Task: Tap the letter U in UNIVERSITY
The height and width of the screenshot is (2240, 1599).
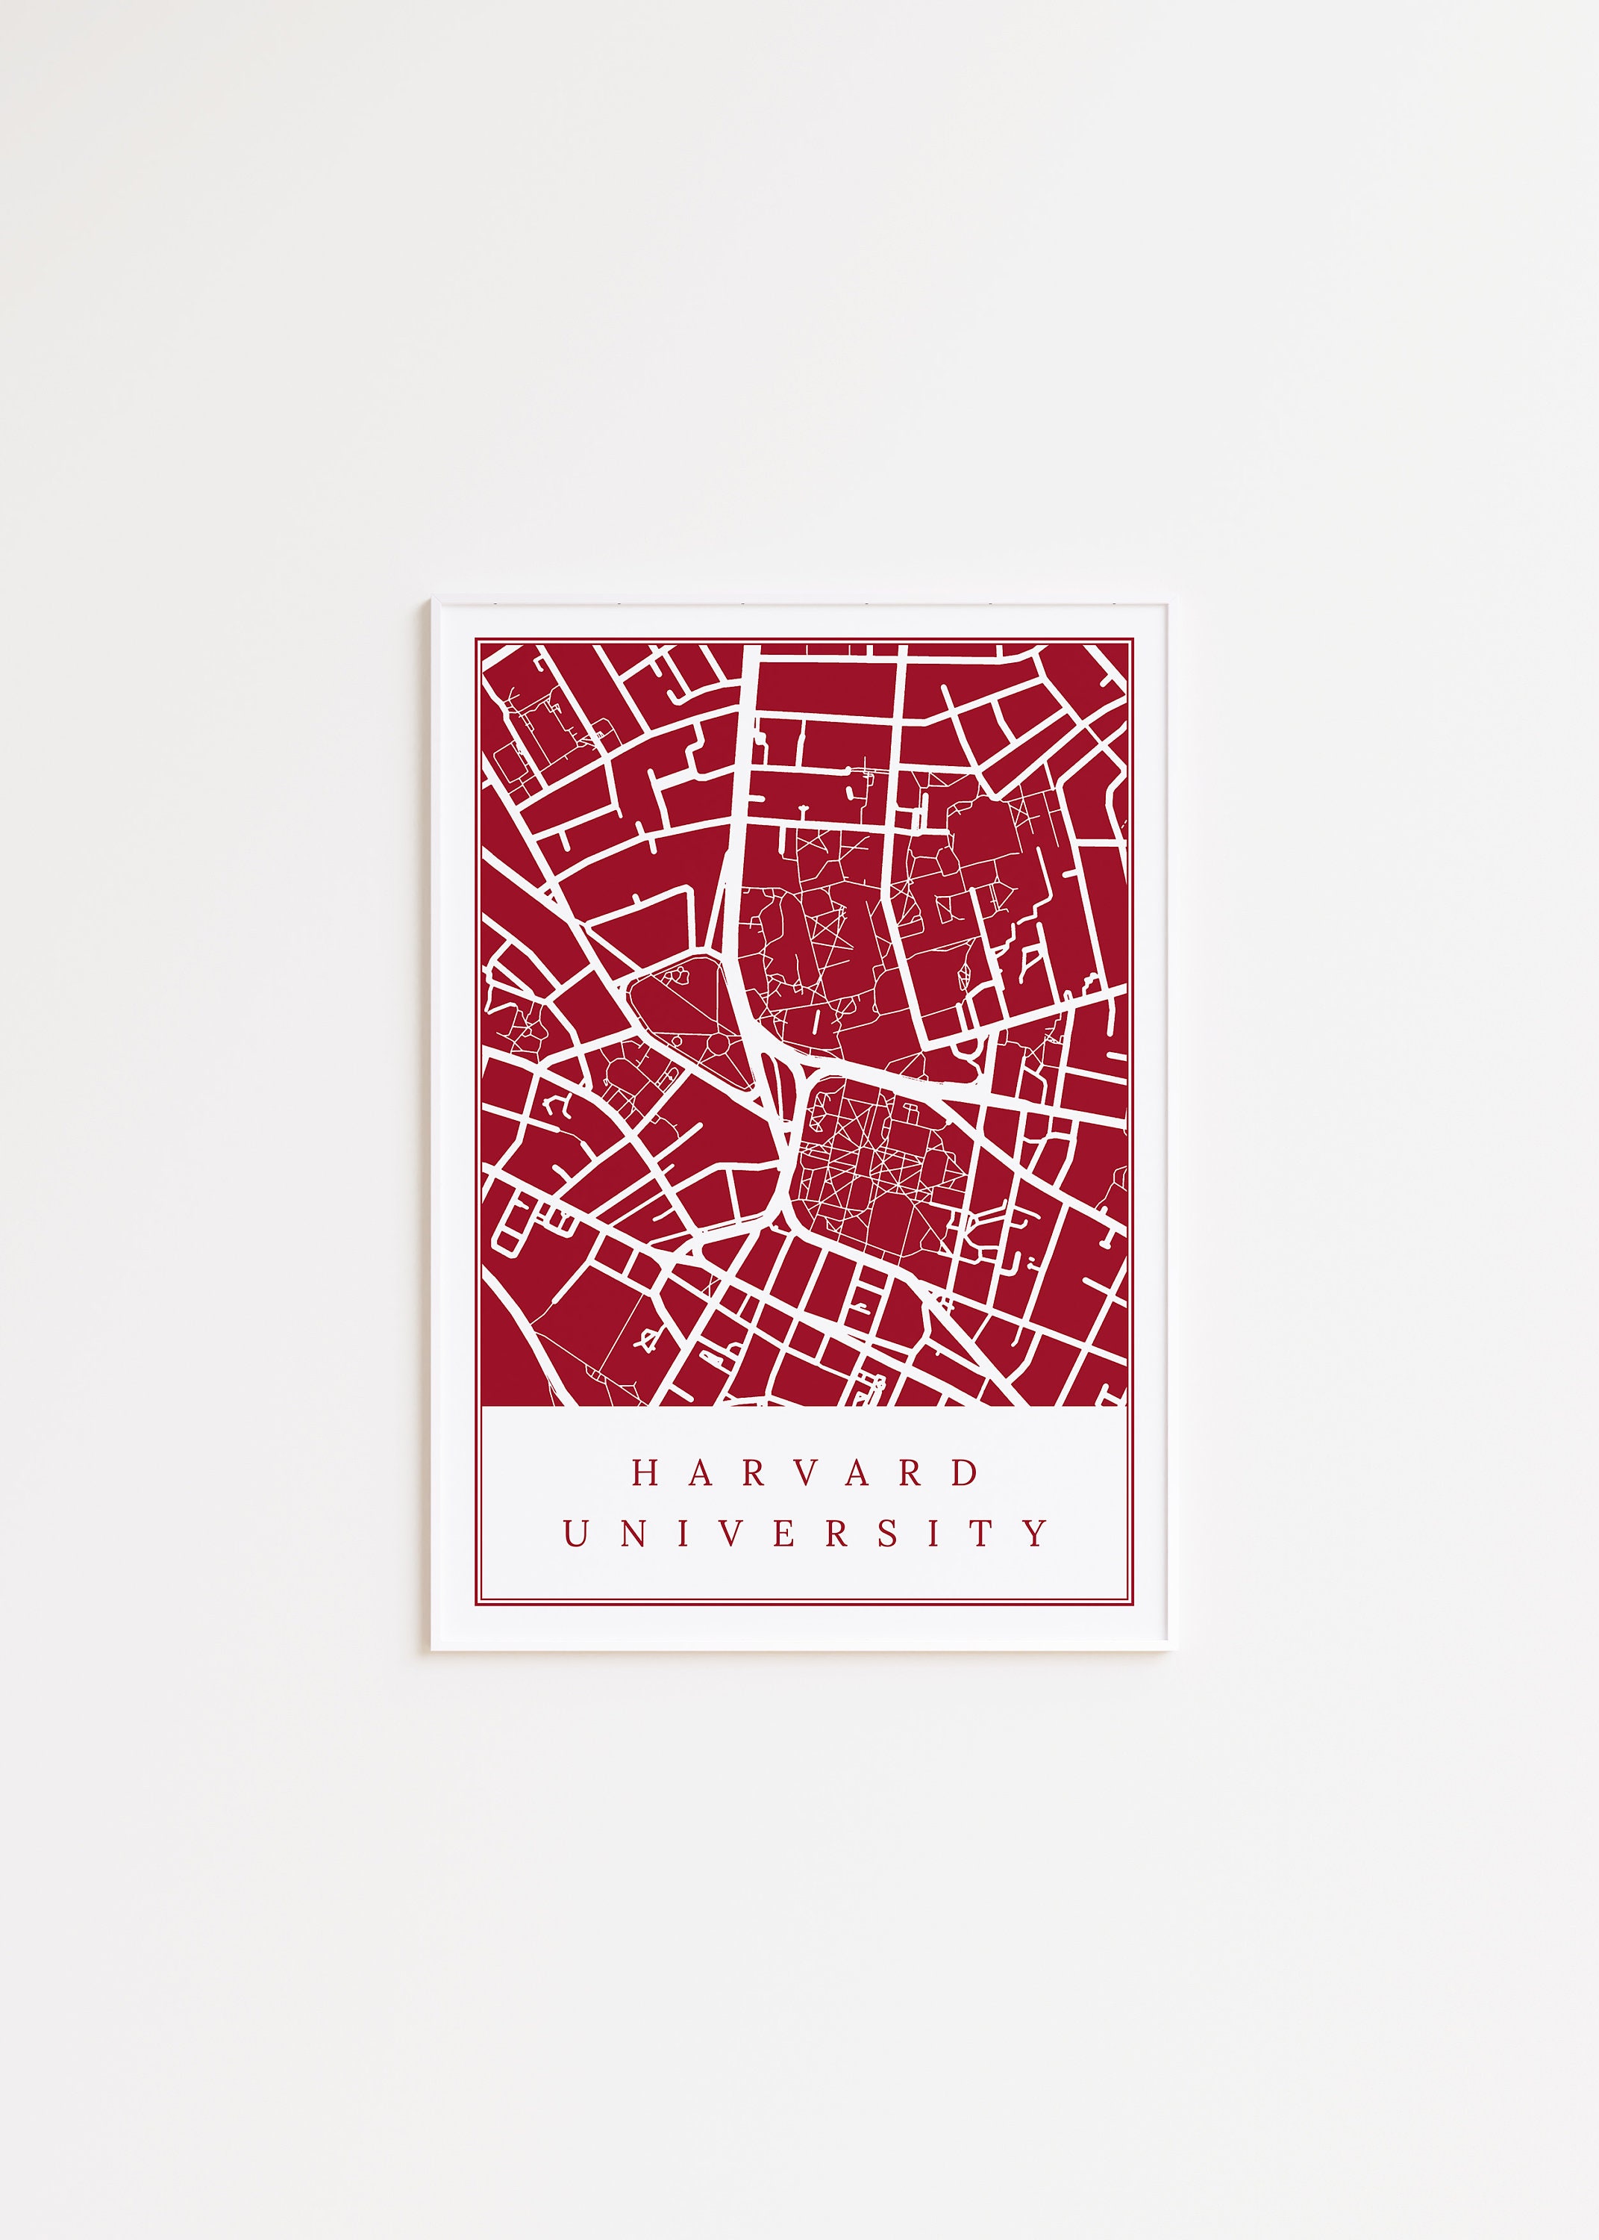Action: pos(576,1534)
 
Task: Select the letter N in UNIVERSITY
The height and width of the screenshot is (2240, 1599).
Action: pos(633,1534)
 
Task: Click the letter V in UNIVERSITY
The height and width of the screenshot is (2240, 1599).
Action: pos(730,1534)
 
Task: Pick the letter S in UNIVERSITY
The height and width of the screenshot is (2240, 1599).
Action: pos(888,1534)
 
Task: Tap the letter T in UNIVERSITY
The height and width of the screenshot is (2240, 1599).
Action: pos(982,1534)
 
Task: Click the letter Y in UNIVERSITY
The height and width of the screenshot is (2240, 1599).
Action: pos(1035,1534)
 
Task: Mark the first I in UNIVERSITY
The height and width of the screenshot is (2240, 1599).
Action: pos(682,1534)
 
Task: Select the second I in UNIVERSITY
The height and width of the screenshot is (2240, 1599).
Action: pos(934,1534)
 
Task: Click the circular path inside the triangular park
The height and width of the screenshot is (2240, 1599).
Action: pos(719,1043)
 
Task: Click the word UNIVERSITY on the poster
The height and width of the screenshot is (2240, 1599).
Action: pos(804,1534)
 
